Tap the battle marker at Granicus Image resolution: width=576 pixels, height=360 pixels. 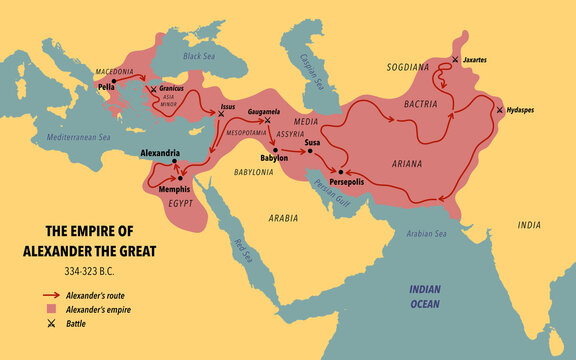coord(153,89)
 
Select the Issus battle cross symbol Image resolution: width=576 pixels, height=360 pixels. coord(221,113)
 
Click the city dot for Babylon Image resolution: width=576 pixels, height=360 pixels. coord(260,149)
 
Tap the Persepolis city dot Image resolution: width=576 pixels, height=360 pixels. coord(341,171)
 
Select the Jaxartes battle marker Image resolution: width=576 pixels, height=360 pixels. coord(456,60)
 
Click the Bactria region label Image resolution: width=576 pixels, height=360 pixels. coord(412,102)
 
